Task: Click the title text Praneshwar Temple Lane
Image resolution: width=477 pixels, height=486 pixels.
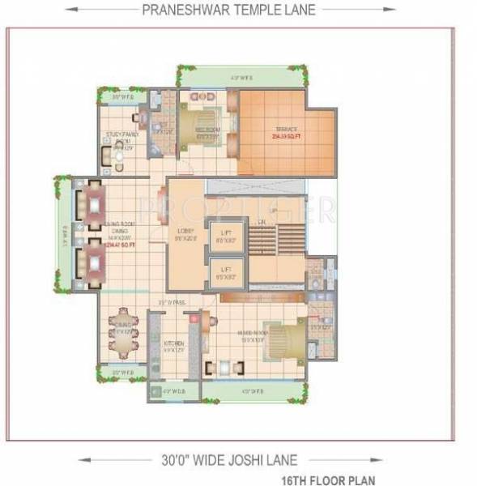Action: click(228, 10)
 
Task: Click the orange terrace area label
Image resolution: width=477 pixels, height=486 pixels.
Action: click(285, 131)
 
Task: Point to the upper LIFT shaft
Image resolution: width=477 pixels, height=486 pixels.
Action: click(226, 237)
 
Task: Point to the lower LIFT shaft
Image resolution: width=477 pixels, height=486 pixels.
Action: click(226, 272)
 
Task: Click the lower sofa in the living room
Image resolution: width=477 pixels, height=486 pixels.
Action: click(90, 262)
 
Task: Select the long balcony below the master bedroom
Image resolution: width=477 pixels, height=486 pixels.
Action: click(253, 391)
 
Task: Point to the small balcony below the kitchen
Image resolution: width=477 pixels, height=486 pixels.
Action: click(170, 392)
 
